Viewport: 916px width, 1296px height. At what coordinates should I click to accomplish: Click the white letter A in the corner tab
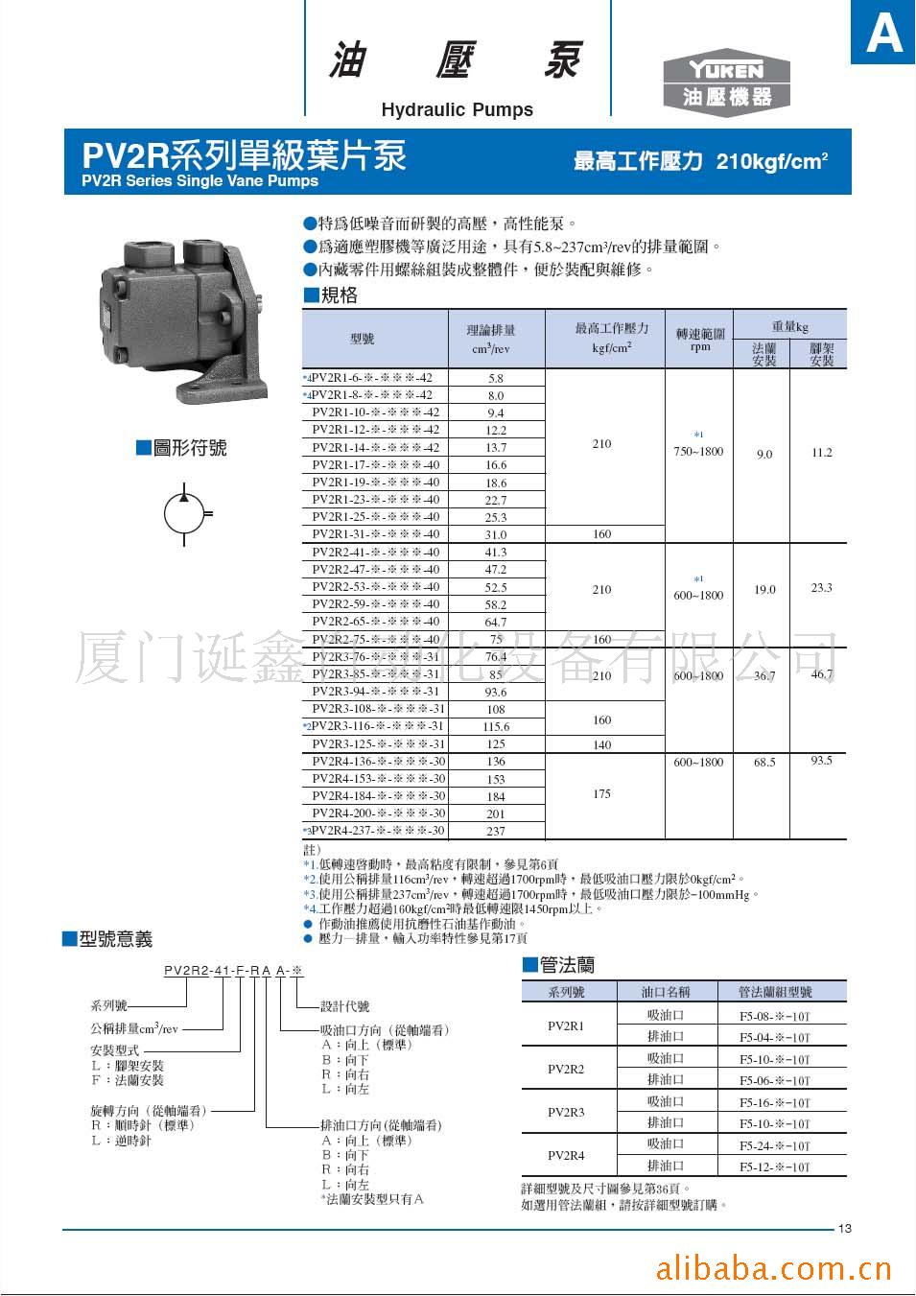[x=883, y=34]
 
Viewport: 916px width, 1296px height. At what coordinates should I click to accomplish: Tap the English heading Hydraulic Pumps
[x=457, y=109]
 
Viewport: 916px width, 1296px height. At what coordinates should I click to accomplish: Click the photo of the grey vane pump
[x=178, y=318]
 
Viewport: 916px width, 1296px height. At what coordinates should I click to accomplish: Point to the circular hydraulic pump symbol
[x=184, y=514]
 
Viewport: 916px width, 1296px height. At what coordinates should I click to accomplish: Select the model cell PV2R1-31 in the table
[x=375, y=534]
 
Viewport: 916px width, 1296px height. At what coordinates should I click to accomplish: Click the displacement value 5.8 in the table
[x=495, y=378]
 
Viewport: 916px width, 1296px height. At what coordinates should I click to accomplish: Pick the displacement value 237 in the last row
[x=495, y=831]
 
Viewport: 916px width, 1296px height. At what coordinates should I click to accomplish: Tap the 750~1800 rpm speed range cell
[x=698, y=451]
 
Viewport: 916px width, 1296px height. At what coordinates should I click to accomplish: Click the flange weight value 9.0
[x=763, y=454]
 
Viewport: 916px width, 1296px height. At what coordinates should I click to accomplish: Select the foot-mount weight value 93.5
[x=821, y=761]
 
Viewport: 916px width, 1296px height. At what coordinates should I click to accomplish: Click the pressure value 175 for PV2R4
[x=601, y=793]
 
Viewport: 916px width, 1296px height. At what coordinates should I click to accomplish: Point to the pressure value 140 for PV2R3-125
[x=601, y=744]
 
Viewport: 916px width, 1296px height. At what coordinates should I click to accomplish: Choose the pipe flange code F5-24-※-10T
[x=774, y=1145]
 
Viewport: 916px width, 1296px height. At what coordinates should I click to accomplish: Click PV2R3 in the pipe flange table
[x=566, y=1112]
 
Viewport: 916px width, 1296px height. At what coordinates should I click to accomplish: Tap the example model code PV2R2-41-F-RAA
[x=233, y=971]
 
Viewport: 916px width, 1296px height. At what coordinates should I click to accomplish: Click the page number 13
[x=844, y=1229]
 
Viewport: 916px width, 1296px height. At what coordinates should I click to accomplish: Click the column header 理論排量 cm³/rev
[x=491, y=339]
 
